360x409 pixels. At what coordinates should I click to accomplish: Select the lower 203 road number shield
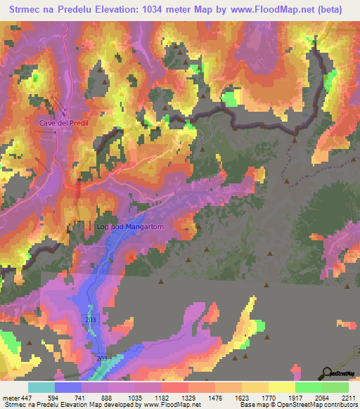point(103,358)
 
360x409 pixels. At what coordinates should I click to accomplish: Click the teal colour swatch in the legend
point(41,387)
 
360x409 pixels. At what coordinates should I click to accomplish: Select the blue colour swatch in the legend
point(67,387)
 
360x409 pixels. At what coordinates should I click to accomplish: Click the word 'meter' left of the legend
point(11,397)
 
